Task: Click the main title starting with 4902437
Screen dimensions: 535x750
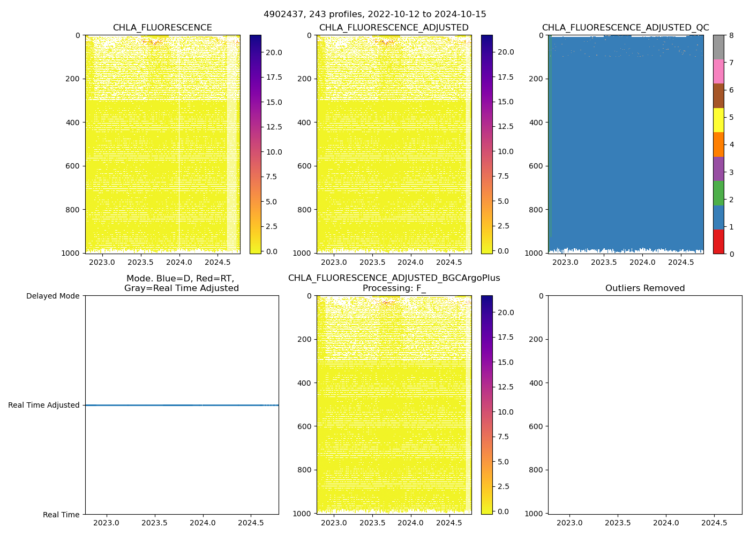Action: (374, 14)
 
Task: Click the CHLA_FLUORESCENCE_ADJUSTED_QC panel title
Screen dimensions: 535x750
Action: (625, 28)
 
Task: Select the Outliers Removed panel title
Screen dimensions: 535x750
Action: (644, 288)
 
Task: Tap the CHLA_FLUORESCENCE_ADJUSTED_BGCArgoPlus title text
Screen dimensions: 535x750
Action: (394, 278)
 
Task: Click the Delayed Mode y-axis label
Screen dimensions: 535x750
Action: (52, 296)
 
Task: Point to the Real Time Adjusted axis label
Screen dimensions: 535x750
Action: (43, 405)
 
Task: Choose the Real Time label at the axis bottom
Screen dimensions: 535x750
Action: (61, 515)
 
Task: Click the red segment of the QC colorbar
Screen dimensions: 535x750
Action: (718, 242)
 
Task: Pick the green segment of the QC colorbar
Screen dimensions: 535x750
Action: (718, 193)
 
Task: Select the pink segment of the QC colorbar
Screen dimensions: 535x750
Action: (718, 72)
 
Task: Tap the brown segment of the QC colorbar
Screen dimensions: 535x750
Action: (718, 96)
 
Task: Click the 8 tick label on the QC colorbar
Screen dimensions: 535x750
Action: (731, 35)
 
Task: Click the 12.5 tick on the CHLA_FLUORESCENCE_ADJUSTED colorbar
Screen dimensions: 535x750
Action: (505, 126)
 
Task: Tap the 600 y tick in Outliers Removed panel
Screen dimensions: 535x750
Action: (537, 426)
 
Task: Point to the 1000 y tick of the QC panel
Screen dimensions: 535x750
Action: (535, 253)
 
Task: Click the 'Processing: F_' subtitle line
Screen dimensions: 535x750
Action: (394, 288)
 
